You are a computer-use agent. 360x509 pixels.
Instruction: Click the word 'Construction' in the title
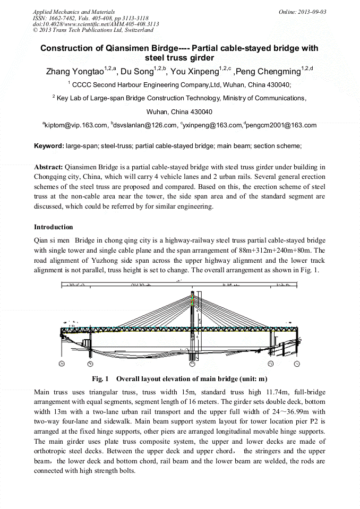pos(65,48)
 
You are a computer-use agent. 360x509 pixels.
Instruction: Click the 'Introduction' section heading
pos(54,227)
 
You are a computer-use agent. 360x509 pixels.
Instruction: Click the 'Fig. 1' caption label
pos(100,379)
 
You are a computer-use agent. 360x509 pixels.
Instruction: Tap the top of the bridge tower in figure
pos(192,292)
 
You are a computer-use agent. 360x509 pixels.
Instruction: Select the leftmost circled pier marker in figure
pos(62,364)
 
